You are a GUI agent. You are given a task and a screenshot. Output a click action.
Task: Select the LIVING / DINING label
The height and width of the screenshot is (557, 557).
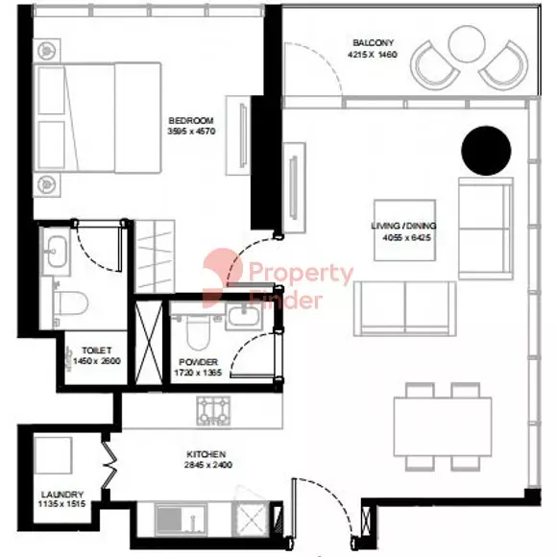[x=402, y=227]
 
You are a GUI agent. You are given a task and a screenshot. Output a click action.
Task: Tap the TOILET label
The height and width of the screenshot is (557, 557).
[x=97, y=351]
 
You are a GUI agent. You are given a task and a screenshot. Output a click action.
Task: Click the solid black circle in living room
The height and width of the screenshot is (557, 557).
[x=487, y=151]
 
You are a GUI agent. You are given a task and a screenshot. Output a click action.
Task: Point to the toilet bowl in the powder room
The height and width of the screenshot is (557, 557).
[x=197, y=333]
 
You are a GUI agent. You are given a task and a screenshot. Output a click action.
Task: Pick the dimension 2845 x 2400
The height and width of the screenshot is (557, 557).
[x=206, y=465]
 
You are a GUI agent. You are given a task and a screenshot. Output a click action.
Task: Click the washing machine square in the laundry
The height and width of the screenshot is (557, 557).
[x=55, y=456]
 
